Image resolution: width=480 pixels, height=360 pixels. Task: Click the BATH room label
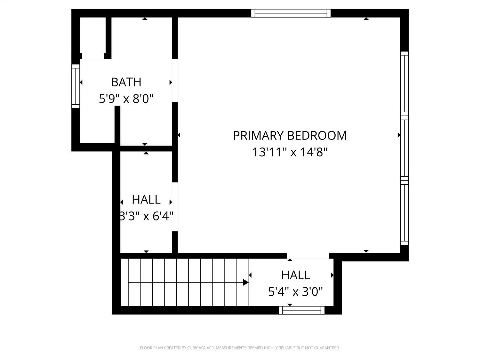point(126,82)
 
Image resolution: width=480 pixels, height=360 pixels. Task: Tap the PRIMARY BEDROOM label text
point(290,135)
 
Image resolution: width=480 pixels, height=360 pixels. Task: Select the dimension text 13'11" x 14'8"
point(290,152)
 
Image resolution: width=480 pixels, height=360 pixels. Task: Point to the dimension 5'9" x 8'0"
point(126,99)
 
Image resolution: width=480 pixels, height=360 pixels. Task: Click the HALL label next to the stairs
point(295,275)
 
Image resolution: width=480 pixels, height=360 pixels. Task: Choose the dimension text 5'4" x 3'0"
point(295,292)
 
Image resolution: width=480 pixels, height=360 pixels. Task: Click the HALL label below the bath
point(146,200)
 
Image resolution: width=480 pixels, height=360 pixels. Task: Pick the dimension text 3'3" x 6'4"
point(146,216)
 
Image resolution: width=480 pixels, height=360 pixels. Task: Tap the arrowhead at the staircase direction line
point(246,282)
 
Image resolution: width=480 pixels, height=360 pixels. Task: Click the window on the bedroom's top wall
point(291,13)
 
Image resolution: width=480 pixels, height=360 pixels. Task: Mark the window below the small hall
point(301,310)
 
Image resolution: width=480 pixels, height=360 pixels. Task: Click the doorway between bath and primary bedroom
point(175,81)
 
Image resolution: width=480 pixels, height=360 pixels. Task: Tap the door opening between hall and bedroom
point(175,207)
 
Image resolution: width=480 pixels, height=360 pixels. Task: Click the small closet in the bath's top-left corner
point(92,35)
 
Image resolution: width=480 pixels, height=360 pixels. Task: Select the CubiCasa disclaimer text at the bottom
point(240,348)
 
